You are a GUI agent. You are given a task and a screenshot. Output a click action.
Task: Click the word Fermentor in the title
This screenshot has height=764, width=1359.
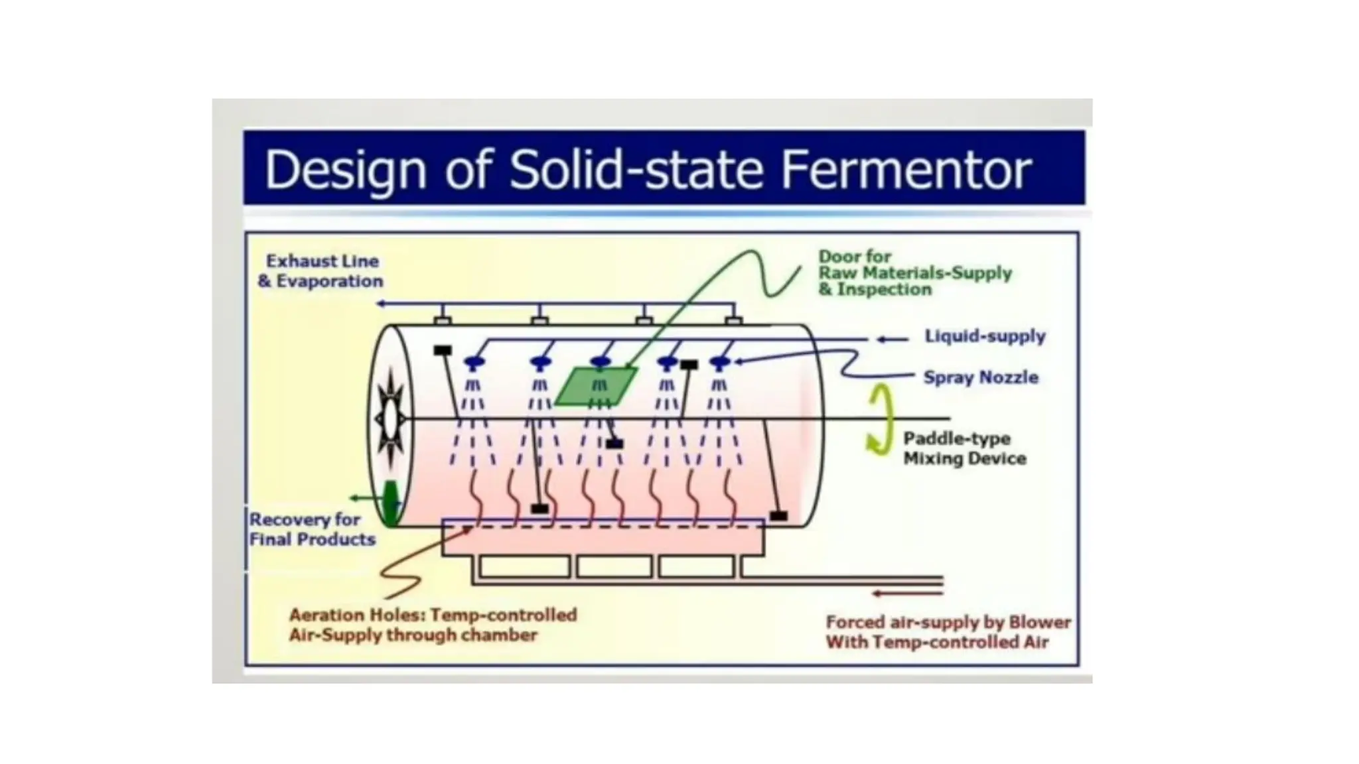(906, 170)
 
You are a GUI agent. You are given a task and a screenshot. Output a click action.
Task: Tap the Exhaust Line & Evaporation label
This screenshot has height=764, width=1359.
(321, 271)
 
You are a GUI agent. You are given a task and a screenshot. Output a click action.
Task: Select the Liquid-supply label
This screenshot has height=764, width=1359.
(985, 336)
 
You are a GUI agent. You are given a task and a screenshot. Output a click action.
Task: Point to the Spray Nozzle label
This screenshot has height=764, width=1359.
(981, 377)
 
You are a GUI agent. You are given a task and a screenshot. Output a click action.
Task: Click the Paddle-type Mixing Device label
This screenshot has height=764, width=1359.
(964, 448)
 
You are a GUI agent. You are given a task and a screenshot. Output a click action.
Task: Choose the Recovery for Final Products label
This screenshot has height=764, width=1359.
(311, 529)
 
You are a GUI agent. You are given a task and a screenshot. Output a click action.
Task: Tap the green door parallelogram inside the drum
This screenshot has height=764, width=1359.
(596, 386)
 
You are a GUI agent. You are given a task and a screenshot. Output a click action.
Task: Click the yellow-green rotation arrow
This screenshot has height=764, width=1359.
(881, 420)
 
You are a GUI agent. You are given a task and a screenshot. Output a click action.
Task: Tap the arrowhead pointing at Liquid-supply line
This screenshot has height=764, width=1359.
(882, 340)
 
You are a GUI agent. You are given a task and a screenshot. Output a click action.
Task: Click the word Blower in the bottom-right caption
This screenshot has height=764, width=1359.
(1039, 622)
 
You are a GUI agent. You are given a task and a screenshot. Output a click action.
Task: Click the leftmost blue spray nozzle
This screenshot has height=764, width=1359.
(474, 362)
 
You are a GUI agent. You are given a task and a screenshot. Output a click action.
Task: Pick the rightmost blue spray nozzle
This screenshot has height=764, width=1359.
(719, 362)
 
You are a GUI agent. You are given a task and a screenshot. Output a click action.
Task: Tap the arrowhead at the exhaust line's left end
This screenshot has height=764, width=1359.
(381, 304)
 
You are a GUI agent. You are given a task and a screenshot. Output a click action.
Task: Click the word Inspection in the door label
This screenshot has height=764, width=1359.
(884, 290)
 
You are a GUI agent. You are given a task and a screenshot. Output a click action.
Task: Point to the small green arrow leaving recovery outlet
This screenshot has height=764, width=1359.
(358, 497)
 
